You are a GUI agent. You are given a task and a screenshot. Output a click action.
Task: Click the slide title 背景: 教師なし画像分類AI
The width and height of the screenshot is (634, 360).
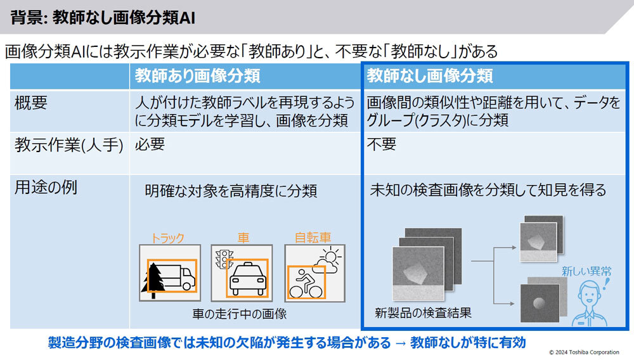tap(103, 18)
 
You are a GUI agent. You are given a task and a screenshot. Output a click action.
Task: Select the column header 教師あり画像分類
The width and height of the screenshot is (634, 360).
tap(197, 75)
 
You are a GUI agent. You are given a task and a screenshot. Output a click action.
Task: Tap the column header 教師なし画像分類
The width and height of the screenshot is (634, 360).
tap(430, 75)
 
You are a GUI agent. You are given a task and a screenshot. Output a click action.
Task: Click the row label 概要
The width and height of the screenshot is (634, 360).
tap(30, 103)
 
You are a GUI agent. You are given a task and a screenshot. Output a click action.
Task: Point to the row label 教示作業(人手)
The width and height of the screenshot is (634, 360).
tap(68, 145)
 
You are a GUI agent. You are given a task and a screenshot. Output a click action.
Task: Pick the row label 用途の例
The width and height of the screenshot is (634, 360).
tap(46, 188)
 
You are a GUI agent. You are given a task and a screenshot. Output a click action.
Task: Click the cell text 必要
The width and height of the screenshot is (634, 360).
tap(150, 145)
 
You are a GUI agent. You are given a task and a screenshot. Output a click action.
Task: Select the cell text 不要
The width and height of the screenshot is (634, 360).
tap(382, 145)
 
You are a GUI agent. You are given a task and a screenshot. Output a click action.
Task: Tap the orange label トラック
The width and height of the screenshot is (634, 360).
tap(167, 238)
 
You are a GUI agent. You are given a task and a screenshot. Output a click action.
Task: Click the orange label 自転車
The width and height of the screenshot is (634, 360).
tap(313, 238)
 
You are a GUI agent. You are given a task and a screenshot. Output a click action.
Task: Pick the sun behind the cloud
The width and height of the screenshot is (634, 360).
tap(331, 256)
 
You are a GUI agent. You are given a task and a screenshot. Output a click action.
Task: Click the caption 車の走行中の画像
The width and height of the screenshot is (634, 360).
tap(240, 314)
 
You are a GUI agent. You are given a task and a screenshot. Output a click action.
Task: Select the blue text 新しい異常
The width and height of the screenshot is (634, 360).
tap(586, 271)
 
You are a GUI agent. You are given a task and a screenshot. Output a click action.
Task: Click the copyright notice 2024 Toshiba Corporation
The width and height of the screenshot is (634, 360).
tap(585, 352)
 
